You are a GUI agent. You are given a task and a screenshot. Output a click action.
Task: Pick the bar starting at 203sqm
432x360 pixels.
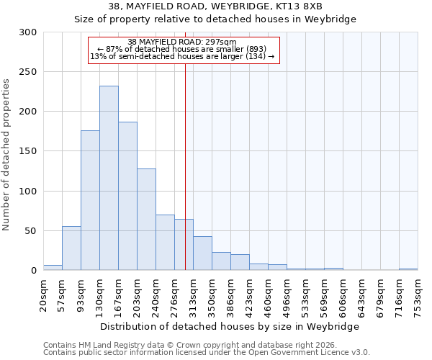(146, 219)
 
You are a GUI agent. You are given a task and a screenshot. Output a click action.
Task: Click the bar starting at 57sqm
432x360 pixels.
(71, 248)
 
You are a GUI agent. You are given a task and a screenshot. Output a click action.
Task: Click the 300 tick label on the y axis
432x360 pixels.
(28, 32)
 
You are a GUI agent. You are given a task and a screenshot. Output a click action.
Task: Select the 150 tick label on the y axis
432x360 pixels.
(28, 152)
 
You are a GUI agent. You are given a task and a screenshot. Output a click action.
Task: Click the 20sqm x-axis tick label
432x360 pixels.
(44, 293)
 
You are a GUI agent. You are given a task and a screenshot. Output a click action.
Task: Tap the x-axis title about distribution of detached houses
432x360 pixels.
(230, 326)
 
